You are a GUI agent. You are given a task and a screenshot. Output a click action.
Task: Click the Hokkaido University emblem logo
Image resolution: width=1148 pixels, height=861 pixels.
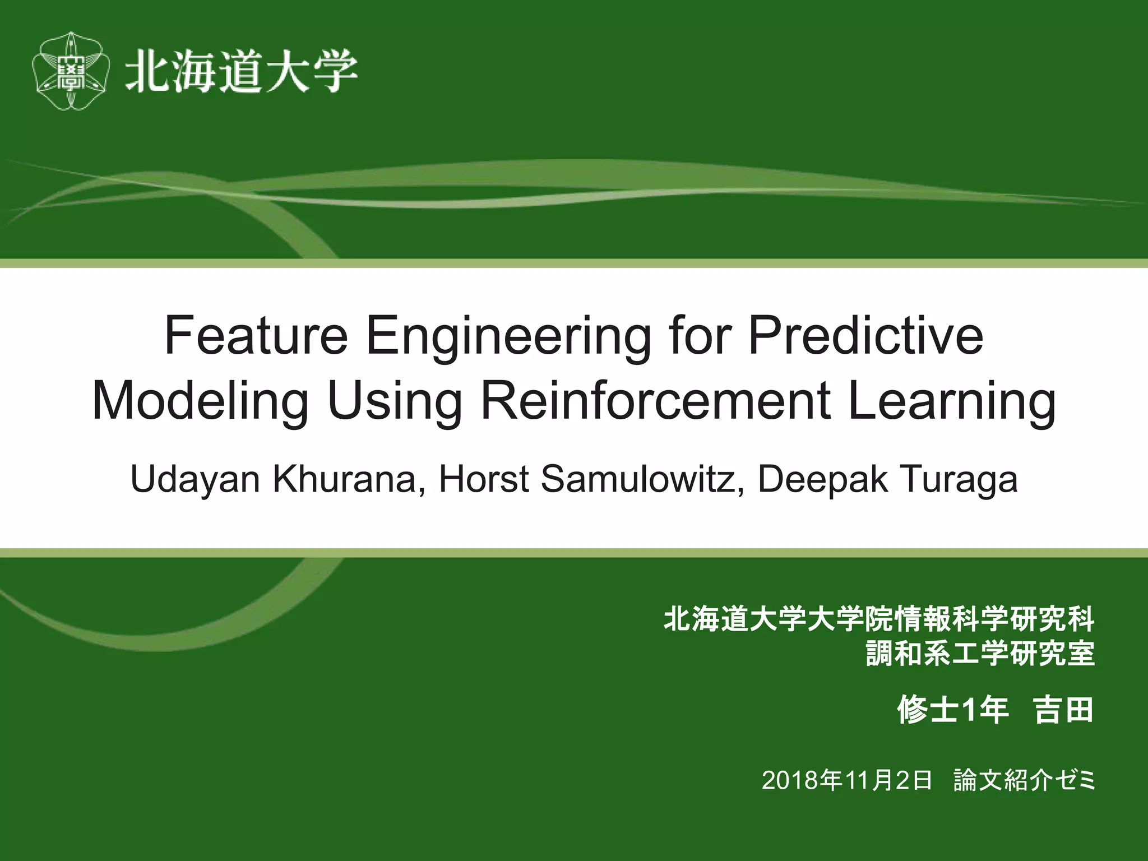pos(71,71)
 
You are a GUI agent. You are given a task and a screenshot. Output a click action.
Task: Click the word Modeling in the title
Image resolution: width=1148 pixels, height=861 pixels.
pos(200,401)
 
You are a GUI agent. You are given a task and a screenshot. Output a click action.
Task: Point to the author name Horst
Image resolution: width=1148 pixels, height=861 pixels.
pos(483,479)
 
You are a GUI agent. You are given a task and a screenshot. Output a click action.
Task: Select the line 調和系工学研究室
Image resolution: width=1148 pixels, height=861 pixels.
pos(980,654)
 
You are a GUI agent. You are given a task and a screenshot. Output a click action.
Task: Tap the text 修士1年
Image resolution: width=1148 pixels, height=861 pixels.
pos(953,710)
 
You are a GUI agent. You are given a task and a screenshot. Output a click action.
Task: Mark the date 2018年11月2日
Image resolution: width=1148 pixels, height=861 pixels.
pos(846,780)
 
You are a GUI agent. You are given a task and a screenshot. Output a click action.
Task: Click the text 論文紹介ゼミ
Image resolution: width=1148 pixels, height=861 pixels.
pos(1024,780)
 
